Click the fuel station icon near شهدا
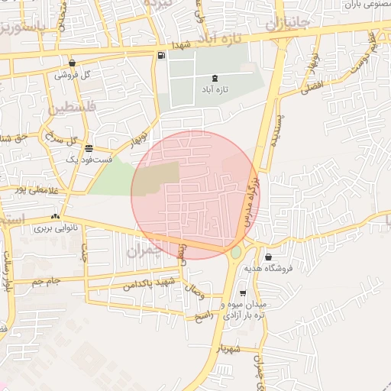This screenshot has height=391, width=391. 161,55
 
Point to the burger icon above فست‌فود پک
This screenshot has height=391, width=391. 89,148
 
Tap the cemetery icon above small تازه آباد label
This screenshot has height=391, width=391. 213,78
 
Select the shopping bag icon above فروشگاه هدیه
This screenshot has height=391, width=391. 267,257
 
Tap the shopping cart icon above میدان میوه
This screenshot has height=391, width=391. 242,293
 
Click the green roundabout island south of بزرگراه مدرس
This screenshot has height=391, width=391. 236,253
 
